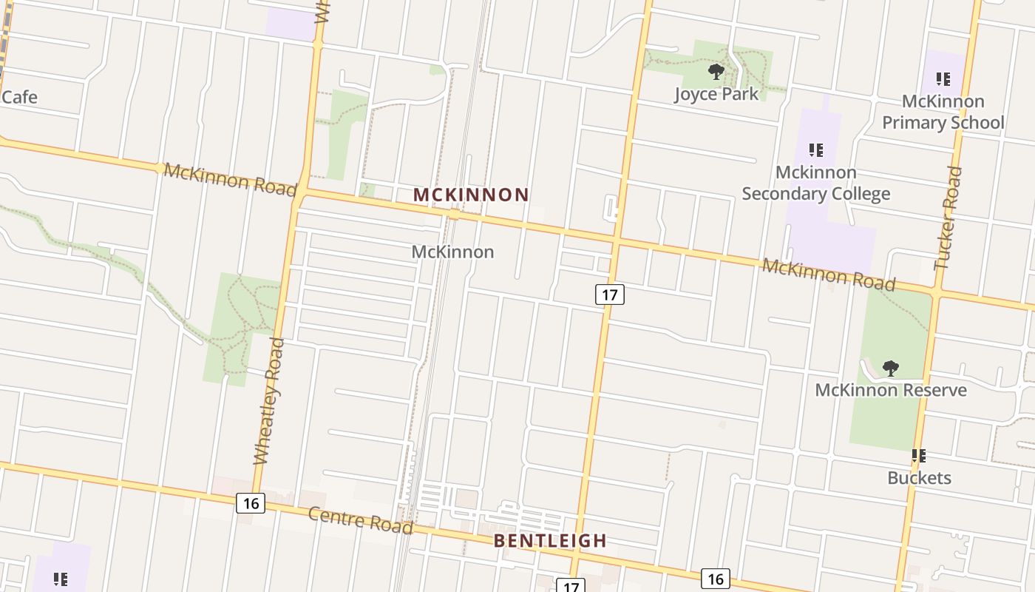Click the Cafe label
[19, 97]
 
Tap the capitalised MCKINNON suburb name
[471, 195]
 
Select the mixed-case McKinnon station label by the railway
[452, 252]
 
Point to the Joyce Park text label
[716, 94]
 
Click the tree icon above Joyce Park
[716, 72]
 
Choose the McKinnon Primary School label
[943, 112]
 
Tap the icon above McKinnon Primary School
[943, 78]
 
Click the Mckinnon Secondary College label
[815, 183]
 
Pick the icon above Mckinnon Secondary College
[815, 150]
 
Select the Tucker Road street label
[948, 218]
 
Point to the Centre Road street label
[359, 520]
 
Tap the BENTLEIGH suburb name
[550, 541]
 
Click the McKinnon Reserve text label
[890, 389]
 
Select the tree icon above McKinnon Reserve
[891, 368]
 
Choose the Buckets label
[919, 478]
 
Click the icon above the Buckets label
[919, 456]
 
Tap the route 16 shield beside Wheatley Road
[251, 504]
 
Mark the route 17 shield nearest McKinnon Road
[609, 295]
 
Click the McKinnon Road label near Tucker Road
[828, 275]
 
